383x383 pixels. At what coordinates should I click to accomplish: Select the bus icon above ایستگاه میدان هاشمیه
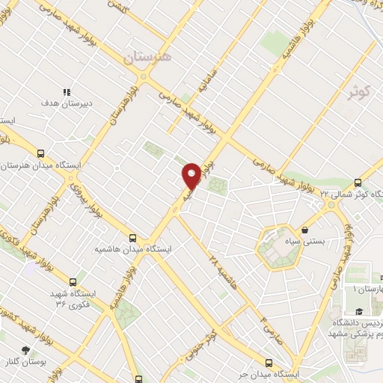point(132,235)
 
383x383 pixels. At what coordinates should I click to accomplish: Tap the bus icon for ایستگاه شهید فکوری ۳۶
point(73,282)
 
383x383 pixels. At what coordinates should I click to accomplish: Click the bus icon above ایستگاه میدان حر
point(292,361)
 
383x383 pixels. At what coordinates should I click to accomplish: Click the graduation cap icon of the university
point(358,312)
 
